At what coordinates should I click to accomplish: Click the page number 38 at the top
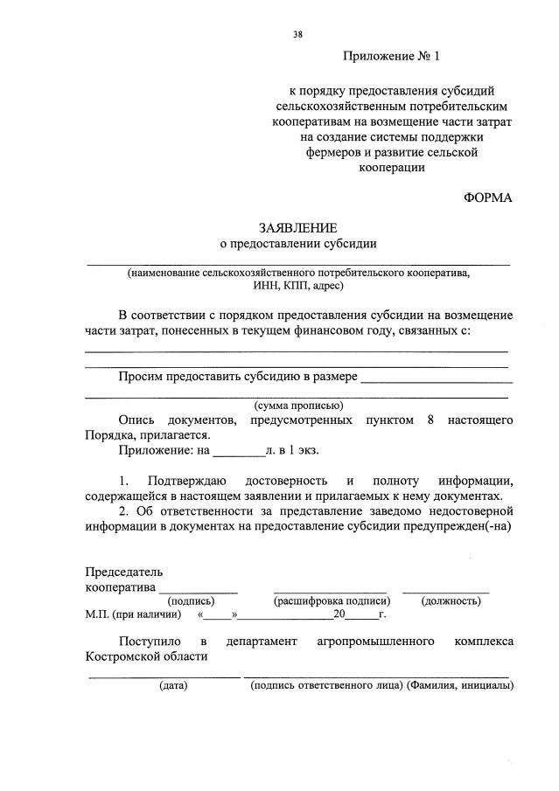pyautogui.click(x=298, y=35)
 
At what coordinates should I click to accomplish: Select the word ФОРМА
pyautogui.click(x=487, y=198)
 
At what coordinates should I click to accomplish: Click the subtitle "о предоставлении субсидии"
pyautogui.click(x=297, y=244)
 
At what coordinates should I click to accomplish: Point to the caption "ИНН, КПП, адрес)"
pyautogui.click(x=297, y=285)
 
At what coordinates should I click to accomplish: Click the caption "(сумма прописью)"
pyautogui.click(x=297, y=406)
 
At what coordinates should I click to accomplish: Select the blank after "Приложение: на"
pyautogui.click(x=239, y=453)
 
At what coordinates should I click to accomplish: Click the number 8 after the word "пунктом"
pyautogui.click(x=430, y=420)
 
